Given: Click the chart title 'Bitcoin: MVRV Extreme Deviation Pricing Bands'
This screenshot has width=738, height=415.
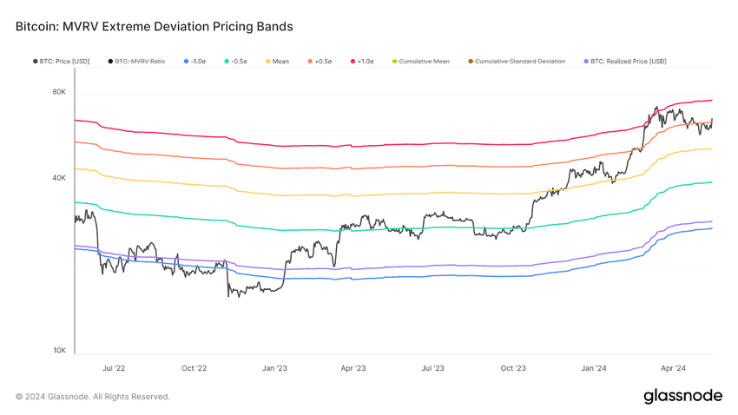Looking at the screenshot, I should [155, 27].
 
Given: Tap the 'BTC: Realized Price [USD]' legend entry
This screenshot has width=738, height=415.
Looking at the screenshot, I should [628, 62].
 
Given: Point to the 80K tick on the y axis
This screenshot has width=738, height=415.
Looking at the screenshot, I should [59, 92].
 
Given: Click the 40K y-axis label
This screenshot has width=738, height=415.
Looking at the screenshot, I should [59, 178].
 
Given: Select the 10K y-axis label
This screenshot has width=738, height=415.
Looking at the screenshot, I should [59, 351].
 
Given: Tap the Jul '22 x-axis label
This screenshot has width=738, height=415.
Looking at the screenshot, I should [114, 368].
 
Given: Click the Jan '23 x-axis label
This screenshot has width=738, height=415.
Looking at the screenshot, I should [274, 368].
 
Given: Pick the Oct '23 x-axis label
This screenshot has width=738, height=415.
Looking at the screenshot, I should [513, 368].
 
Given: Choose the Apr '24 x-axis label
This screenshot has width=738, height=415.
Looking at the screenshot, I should [674, 368].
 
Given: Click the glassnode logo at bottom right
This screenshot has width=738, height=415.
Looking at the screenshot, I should [682, 396].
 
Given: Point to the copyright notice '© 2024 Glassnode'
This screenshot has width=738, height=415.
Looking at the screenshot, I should [93, 397].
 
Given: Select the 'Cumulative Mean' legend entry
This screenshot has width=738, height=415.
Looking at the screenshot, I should [424, 62].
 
